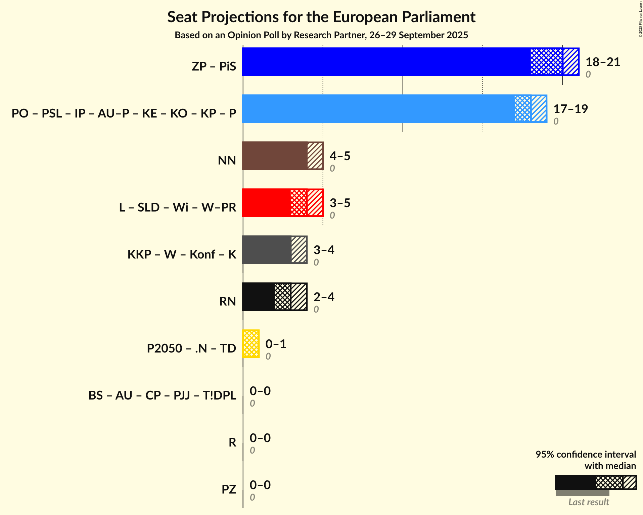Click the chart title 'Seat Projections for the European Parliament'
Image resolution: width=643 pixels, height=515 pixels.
[x=321, y=17]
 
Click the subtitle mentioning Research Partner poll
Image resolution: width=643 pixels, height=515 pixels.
[x=321, y=35]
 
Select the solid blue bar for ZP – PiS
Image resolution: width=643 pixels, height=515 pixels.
[x=386, y=62]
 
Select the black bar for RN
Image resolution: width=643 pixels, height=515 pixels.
[x=258, y=297]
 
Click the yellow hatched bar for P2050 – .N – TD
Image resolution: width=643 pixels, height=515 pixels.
[x=251, y=344]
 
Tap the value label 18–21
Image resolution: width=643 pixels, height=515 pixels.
[x=603, y=62]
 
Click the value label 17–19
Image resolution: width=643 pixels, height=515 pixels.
[x=570, y=109]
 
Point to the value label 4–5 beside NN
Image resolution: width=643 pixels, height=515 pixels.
[x=340, y=156]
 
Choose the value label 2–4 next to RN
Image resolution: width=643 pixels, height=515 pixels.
[x=324, y=297]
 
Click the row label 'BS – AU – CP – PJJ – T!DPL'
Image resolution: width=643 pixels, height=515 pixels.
[x=162, y=395]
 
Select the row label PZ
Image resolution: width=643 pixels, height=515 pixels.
[x=229, y=489]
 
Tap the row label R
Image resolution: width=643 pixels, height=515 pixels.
[x=232, y=442]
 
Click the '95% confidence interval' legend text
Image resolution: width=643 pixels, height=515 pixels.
[x=586, y=454]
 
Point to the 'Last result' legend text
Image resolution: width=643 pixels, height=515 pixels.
[x=589, y=502]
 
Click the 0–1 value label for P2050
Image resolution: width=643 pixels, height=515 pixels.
[x=276, y=344]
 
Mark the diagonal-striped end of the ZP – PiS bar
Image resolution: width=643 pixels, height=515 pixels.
[x=571, y=62]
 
